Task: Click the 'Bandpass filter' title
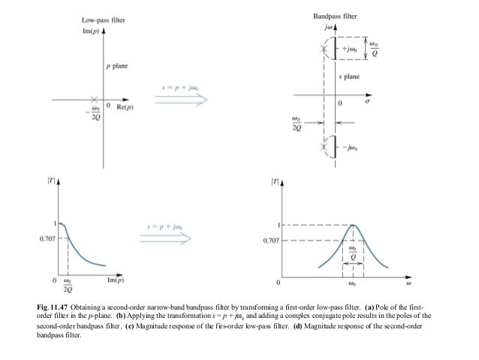click(336, 16)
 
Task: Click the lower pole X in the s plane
click(324, 146)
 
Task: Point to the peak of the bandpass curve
click(353, 225)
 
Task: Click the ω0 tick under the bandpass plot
click(352, 286)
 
